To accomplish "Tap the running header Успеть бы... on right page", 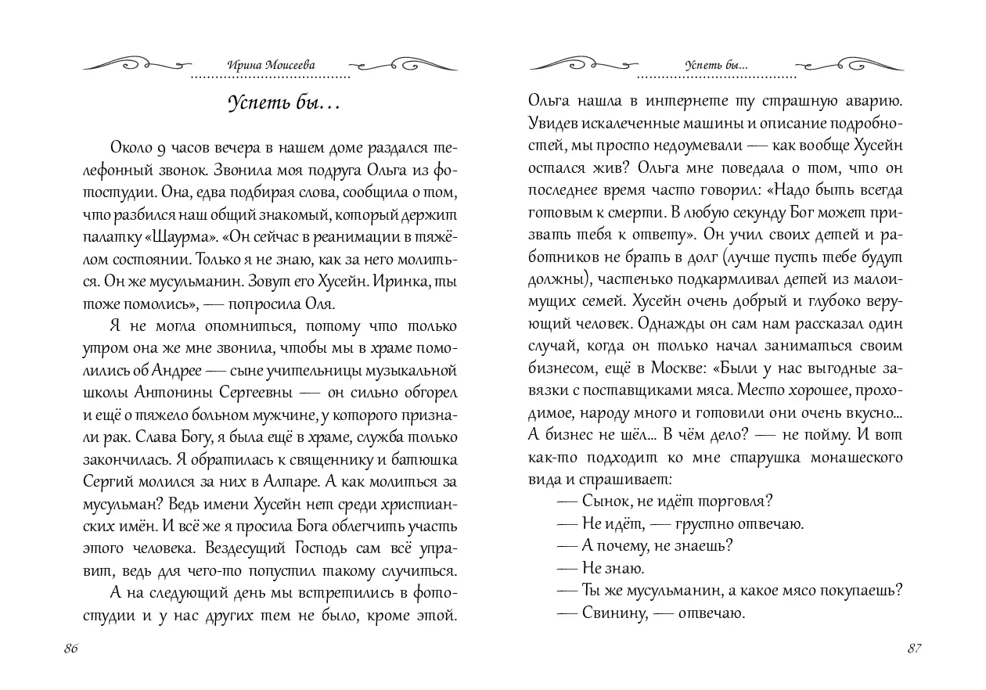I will click(715, 66).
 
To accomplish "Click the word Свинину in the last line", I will click(614, 613).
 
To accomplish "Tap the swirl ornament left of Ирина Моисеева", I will click(136, 63).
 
